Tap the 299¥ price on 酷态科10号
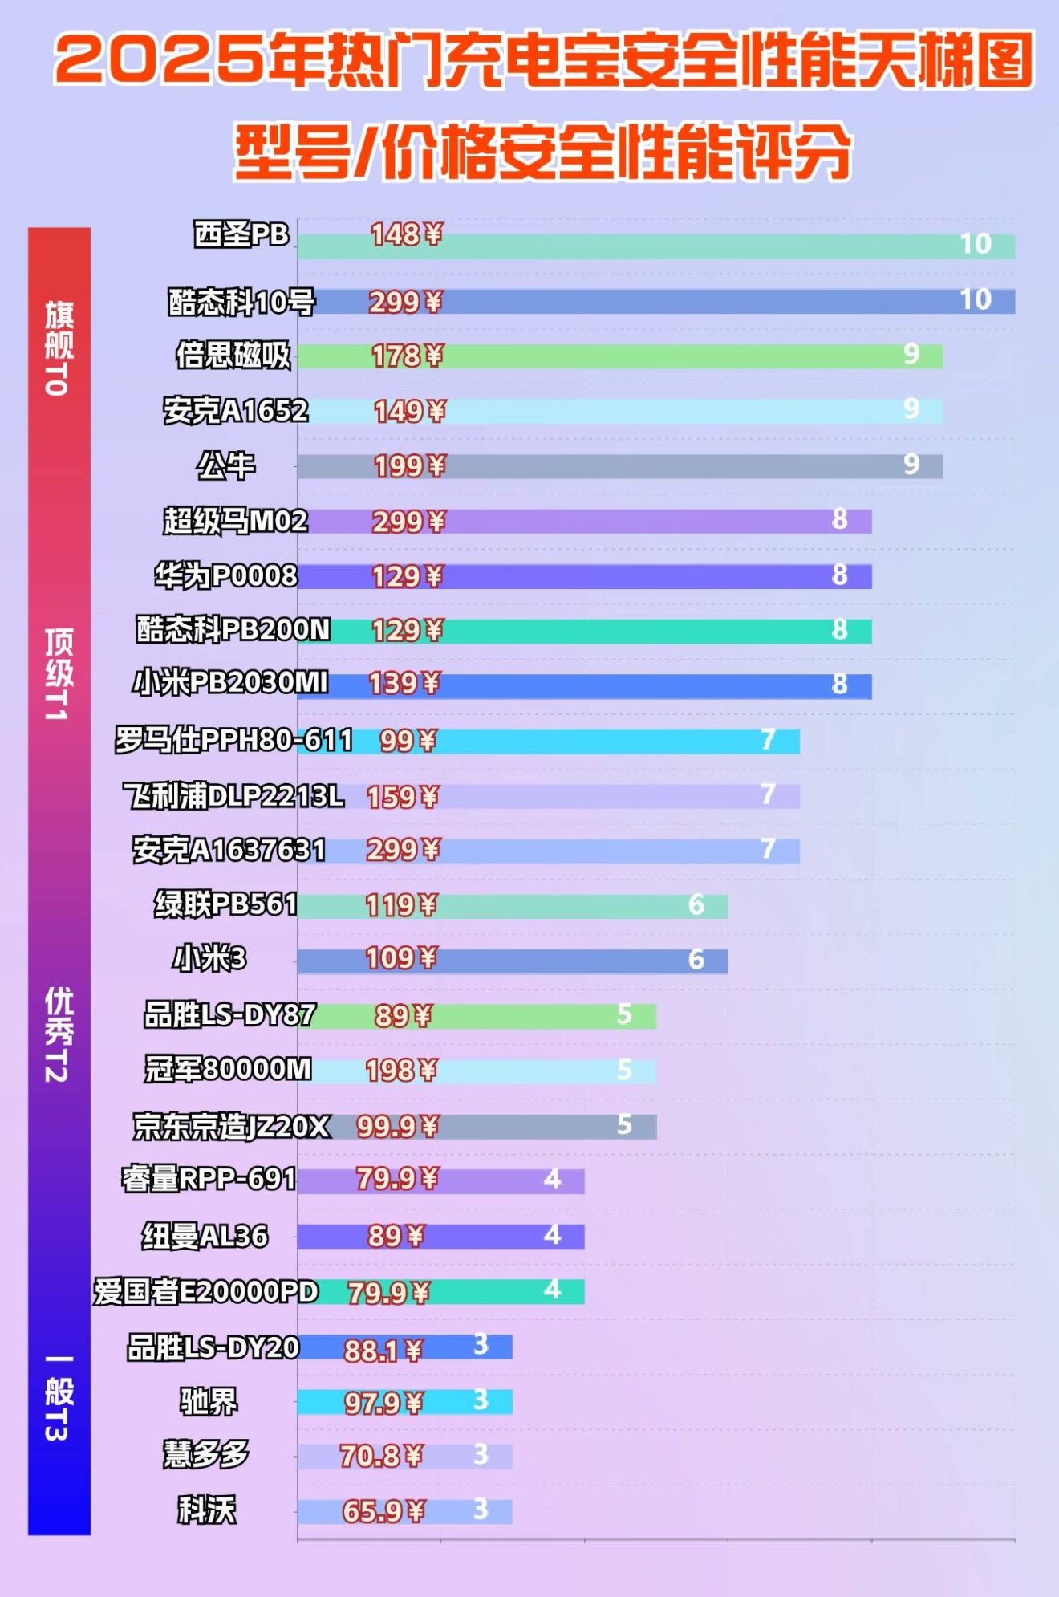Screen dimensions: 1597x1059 [x=405, y=302]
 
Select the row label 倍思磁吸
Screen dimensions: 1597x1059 [x=233, y=355]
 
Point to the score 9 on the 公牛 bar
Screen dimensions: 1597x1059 [x=911, y=464]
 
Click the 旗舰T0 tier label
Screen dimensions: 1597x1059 [x=59, y=348]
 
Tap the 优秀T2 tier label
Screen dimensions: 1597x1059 [x=59, y=1034]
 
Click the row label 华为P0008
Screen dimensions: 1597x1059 [x=226, y=575]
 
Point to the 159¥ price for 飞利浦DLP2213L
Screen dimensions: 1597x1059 [x=403, y=797]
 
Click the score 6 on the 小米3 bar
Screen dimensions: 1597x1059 [x=696, y=959]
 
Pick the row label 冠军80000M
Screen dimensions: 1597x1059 [x=228, y=1069]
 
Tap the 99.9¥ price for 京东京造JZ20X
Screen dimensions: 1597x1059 [x=398, y=1126]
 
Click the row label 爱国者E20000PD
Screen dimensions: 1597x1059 [x=206, y=1291]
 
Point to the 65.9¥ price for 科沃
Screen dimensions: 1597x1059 [x=383, y=1511]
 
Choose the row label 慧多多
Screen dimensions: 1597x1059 [x=206, y=1454]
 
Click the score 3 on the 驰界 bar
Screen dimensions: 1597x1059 [x=481, y=1400]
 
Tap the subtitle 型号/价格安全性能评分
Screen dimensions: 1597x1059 [x=542, y=151]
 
